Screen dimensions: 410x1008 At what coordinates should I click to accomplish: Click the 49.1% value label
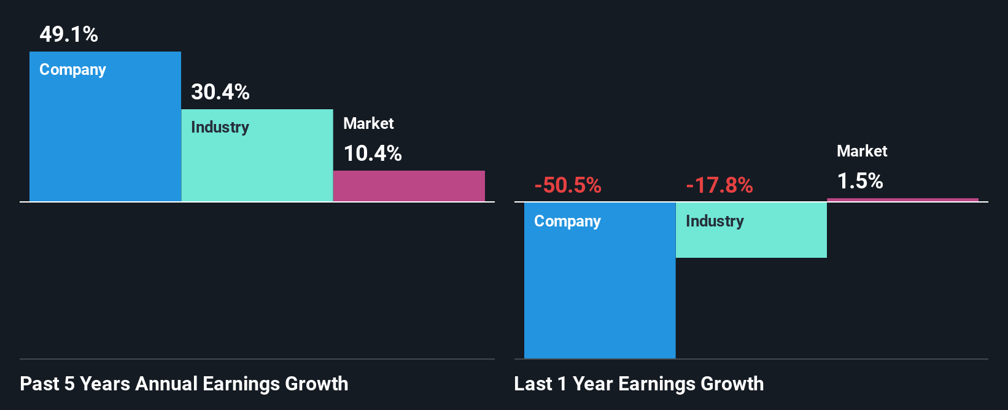(x=69, y=34)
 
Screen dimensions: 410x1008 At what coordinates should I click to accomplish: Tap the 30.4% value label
(x=220, y=92)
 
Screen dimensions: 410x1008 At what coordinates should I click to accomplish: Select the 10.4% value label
(x=372, y=153)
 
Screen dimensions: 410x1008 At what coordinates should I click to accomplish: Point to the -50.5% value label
(x=567, y=185)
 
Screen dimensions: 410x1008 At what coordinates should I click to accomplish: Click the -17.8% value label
(x=719, y=185)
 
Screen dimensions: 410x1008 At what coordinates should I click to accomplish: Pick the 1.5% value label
(x=859, y=181)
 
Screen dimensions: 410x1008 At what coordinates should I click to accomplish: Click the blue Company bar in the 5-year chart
(x=105, y=141)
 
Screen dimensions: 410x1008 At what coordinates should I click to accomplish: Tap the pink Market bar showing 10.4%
(x=409, y=186)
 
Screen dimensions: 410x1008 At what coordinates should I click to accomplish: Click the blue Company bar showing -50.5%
(x=600, y=288)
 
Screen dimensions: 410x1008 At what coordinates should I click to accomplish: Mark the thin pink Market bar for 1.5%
(x=902, y=199)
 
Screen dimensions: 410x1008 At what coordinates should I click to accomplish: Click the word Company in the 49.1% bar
(x=72, y=70)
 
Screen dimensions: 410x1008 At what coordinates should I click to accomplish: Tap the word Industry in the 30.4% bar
(x=220, y=128)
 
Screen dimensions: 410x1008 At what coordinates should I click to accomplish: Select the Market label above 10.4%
(x=368, y=123)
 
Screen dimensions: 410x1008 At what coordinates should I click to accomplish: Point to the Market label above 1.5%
(x=862, y=151)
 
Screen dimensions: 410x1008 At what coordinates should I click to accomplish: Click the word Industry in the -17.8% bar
(x=715, y=222)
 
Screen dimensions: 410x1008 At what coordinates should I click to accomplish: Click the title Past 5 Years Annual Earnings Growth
(x=184, y=384)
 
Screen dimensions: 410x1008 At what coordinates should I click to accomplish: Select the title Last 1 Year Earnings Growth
(x=638, y=384)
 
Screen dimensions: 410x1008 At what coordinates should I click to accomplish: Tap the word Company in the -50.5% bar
(x=567, y=222)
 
